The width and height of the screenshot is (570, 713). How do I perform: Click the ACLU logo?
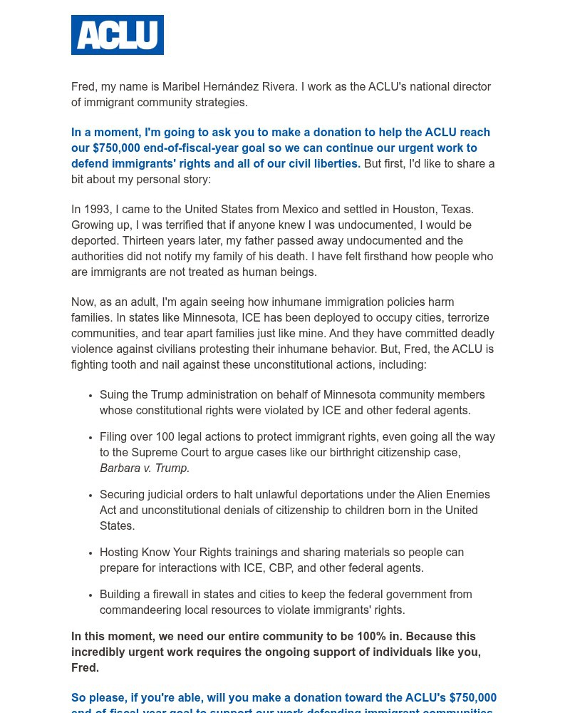[118, 35]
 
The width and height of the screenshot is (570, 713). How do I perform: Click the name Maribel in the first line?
[181, 87]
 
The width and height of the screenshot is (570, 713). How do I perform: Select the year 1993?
[97, 210]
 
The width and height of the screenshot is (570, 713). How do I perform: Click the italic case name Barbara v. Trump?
[145, 468]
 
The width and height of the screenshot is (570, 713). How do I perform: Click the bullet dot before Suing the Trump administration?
[90, 396]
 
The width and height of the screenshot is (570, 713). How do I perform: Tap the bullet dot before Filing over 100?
[90, 438]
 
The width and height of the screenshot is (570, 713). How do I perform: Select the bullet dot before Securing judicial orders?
[90, 496]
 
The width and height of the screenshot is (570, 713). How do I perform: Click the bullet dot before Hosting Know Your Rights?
[90, 553]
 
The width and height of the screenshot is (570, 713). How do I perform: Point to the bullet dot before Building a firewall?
[90, 595]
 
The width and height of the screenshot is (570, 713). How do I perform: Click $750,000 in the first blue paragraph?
[120, 148]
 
